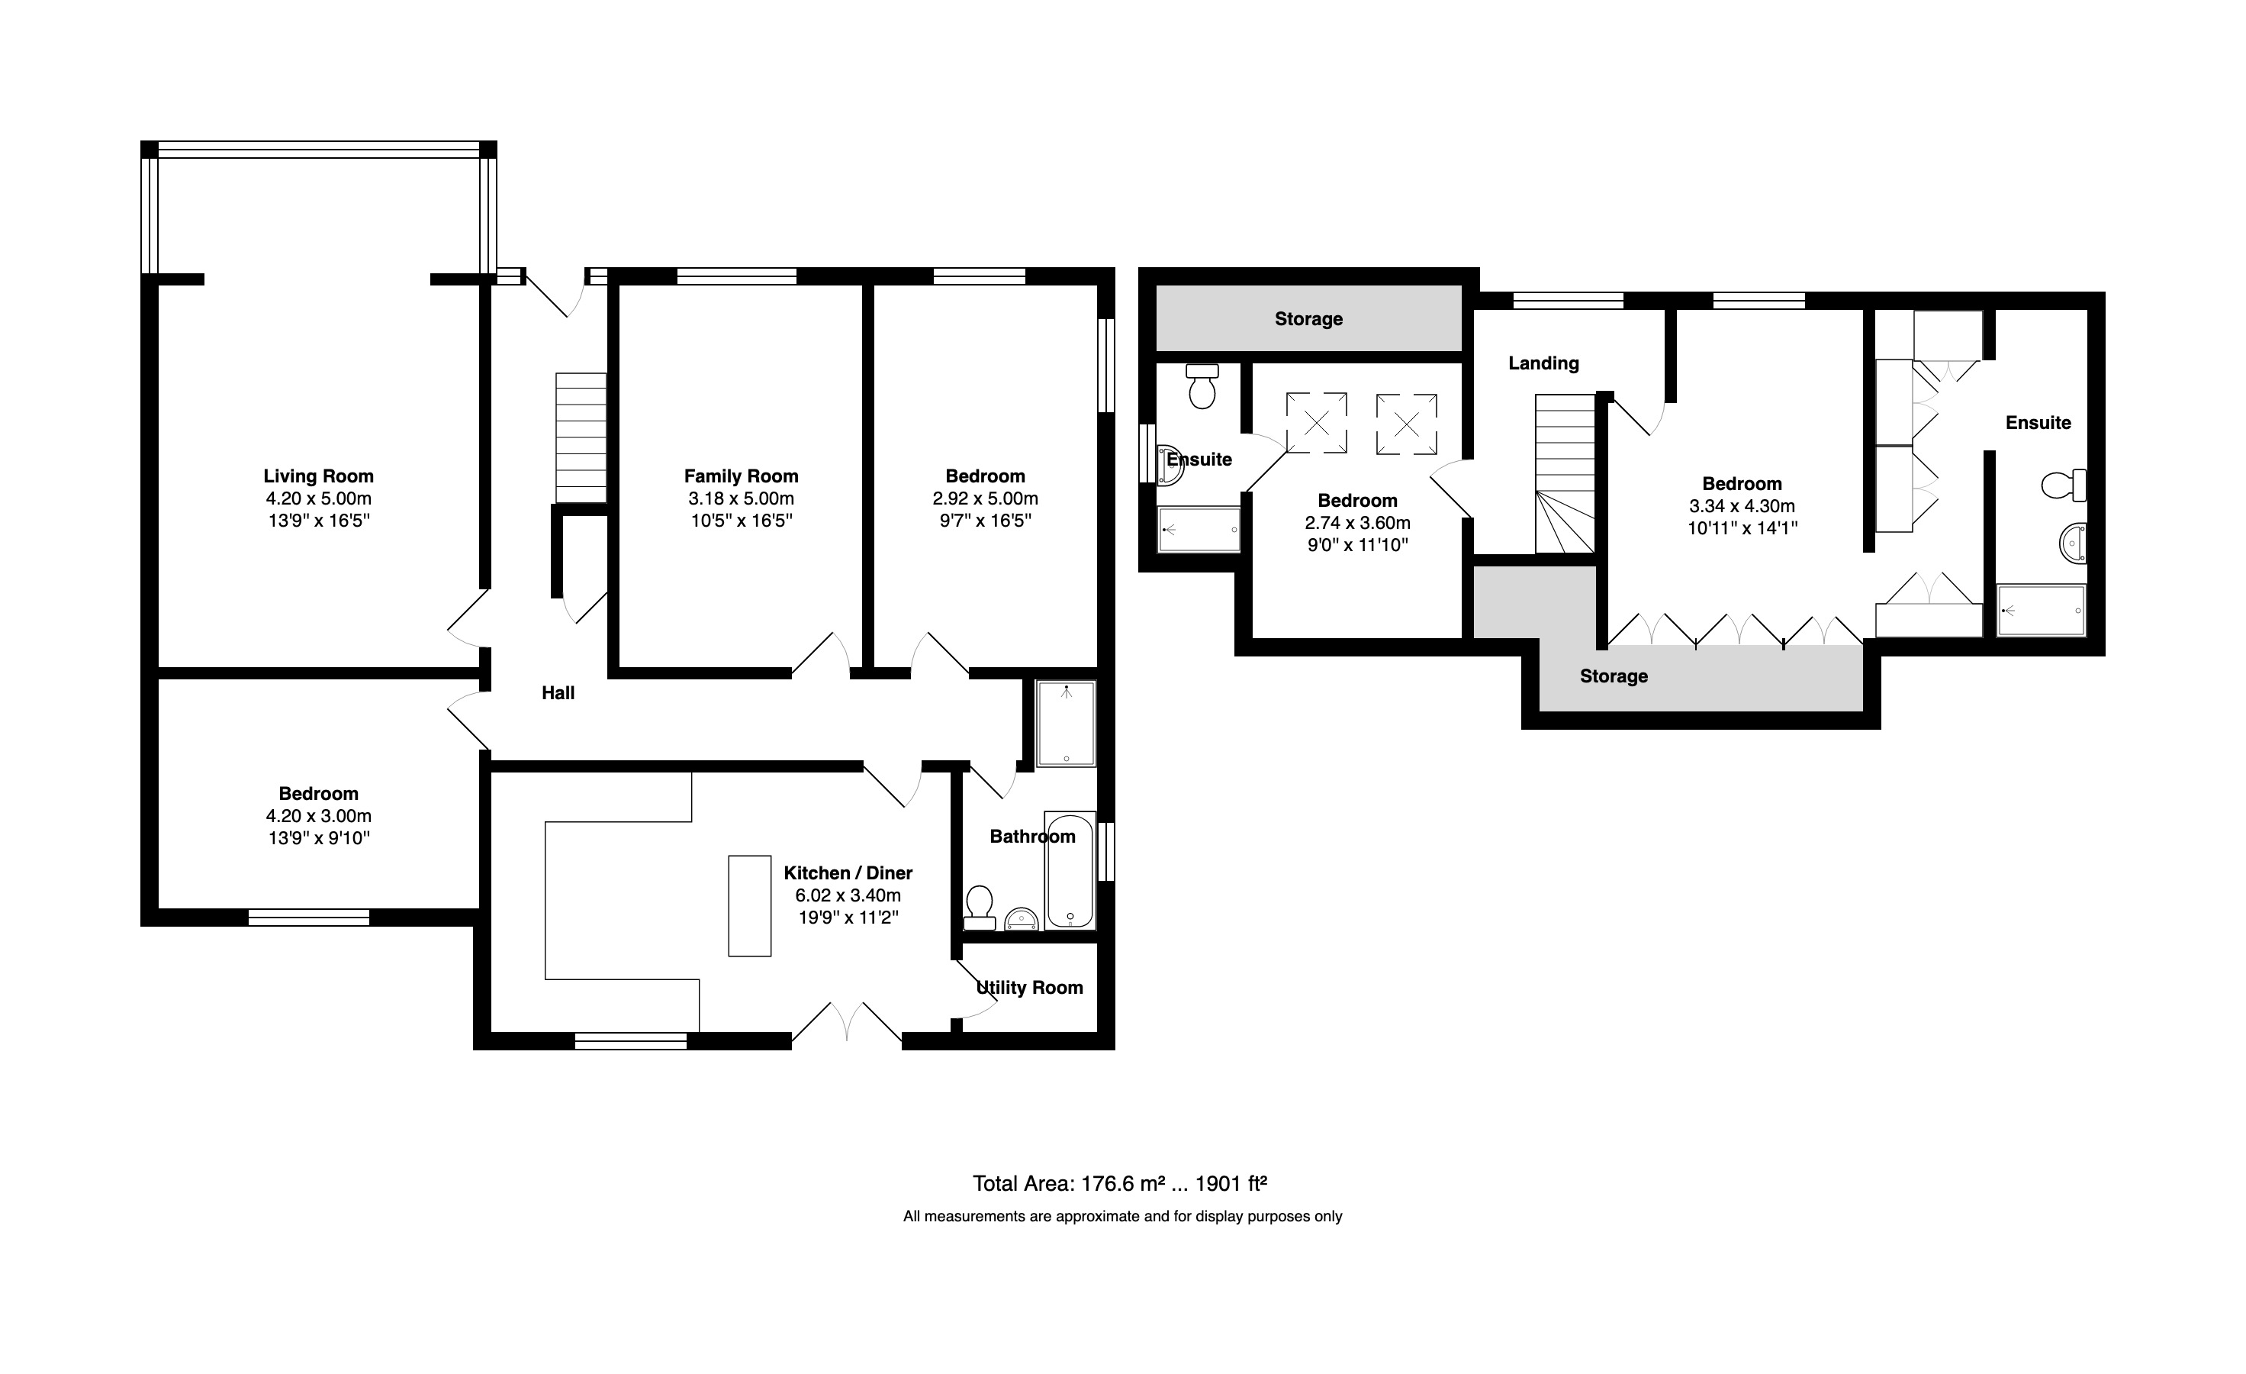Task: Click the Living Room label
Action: (x=318, y=476)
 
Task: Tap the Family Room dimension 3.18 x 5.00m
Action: (x=741, y=498)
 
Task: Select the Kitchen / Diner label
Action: (x=848, y=872)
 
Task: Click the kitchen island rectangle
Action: (x=749, y=905)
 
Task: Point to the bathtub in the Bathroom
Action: (x=1070, y=869)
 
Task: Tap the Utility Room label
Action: (x=1029, y=988)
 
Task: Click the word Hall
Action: (x=558, y=693)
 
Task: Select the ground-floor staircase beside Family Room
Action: (x=581, y=437)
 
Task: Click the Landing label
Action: (x=1543, y=363)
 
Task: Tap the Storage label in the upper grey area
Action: (x=1308, y=319)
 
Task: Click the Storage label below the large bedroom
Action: (x=1614, y=676)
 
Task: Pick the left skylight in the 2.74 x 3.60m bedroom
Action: (x=1316, y=423)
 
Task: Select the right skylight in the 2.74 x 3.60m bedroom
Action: (x=1407, y=424)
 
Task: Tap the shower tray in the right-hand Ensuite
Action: (x=2041, y=610)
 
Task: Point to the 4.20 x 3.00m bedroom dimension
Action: (x=318, y=816)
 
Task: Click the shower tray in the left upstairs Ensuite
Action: (x=1199, y=530)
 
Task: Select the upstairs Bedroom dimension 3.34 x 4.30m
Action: (x=1742, y=506)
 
